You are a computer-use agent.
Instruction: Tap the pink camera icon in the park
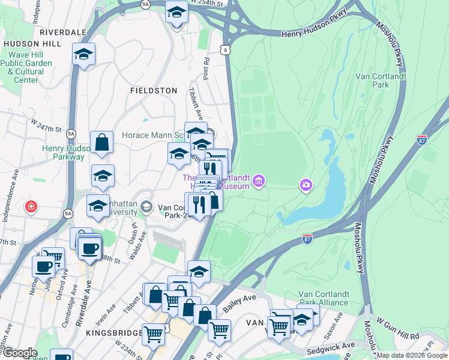[x=306, y=185]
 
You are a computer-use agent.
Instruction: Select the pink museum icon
[x=259, y=181]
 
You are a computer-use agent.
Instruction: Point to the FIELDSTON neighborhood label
[x=154, y=91]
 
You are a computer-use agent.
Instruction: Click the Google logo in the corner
[x=19, y=353]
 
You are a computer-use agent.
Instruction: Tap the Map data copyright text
[x=411, y=356]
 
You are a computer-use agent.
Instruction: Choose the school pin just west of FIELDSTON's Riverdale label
[x=83, y=53]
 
